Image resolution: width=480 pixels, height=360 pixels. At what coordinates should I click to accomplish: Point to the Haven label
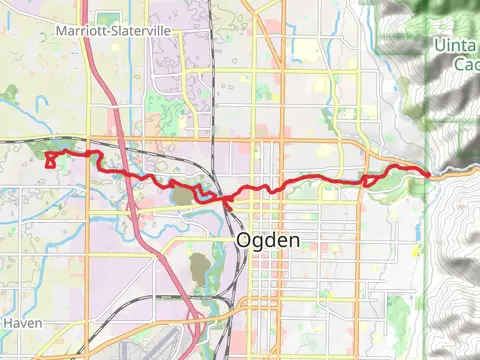(x=20, y=323)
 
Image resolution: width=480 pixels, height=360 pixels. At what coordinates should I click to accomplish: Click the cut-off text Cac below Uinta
(x=466, y=64)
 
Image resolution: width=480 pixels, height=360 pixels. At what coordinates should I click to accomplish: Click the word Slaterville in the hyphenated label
(x=137, y=32)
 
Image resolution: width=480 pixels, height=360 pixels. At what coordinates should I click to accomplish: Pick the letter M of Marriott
(x=61, y=32)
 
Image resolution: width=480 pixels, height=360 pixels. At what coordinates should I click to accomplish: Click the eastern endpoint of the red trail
(x=430, y=174)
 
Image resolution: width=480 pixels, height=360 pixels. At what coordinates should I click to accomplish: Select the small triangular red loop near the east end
(x=370, y=180)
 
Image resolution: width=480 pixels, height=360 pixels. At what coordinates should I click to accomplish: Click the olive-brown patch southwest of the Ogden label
(x=199, y=267)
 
